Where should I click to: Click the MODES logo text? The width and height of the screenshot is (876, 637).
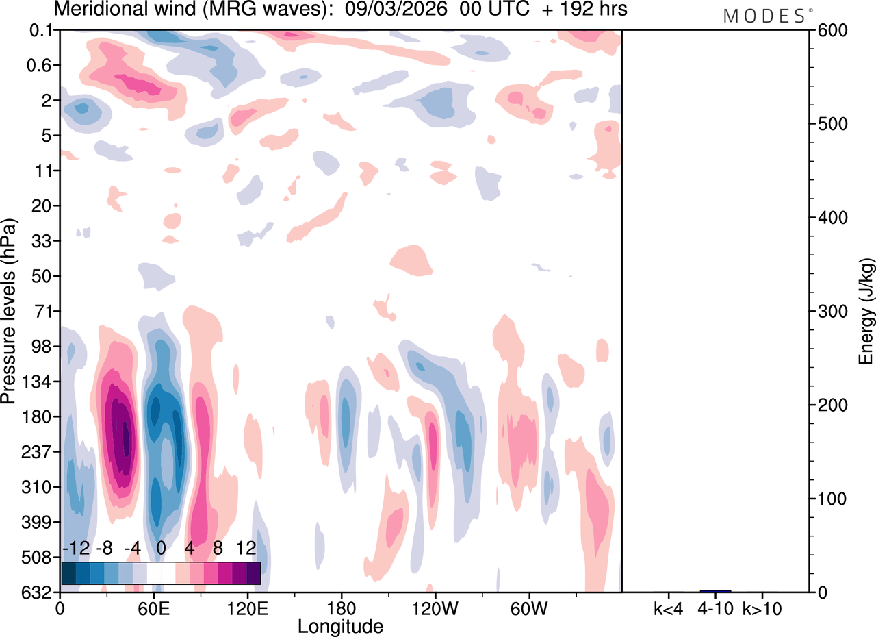[764, 16]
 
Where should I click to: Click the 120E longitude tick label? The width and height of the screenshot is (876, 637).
[247, 608]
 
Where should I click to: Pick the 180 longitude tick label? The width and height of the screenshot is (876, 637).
[341, 608]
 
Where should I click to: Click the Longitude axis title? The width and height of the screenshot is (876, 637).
[340, 625]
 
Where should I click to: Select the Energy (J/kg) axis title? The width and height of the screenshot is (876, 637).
[866, 312]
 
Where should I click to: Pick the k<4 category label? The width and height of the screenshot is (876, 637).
[669, 608]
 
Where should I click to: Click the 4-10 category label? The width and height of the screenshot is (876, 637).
[716, 608]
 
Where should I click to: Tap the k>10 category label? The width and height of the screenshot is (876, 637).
[764, 608]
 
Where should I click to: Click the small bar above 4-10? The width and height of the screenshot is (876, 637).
[716, 590]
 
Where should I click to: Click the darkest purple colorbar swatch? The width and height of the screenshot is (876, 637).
[253, 573]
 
